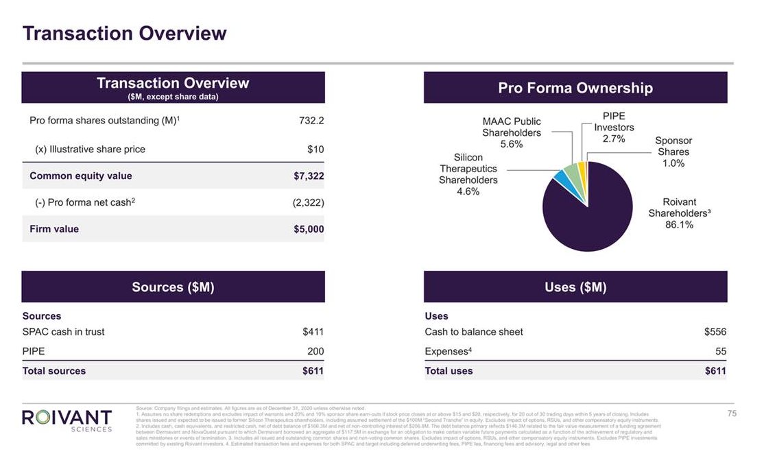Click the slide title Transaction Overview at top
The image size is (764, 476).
click(124, 33)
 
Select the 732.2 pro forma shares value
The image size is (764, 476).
click(311, 121)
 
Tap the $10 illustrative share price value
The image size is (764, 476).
click(315, 149)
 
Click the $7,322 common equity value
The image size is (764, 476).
click(309, 176)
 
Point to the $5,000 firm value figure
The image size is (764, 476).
click(309, 229)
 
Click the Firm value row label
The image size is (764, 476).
click(54, 229)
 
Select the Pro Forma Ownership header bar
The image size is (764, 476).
click(575, 88)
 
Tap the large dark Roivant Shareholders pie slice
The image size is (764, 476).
click(590, 213)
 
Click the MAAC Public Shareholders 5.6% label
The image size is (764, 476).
click(512, 132)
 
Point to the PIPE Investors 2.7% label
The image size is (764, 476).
click(614, 128)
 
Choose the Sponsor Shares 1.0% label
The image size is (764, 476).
click(673, 152)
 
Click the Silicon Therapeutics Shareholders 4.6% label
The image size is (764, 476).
click(468, 174)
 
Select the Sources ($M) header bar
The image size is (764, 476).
click(173, 287)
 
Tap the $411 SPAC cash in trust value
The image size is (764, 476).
click(313, 332)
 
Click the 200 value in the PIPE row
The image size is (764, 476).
click(315, 351)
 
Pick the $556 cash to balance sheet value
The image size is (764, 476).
click(715, 332)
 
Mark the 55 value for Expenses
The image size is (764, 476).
click(720, 351)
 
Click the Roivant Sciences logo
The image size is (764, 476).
click(67, 420)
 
